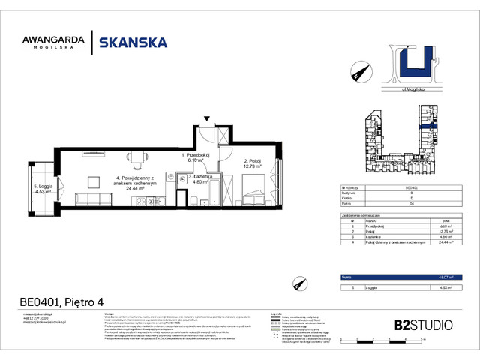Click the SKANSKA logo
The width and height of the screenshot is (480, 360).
[x=133, y=43]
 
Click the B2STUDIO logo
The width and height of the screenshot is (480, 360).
[x=423, y=325]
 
